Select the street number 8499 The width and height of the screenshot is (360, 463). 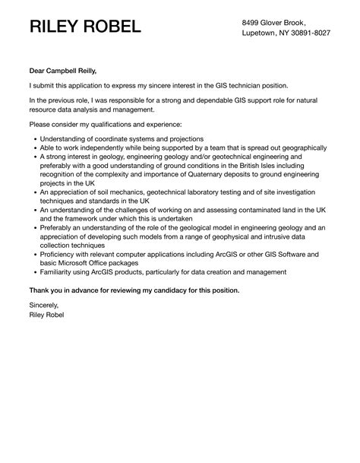pos(253,22)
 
